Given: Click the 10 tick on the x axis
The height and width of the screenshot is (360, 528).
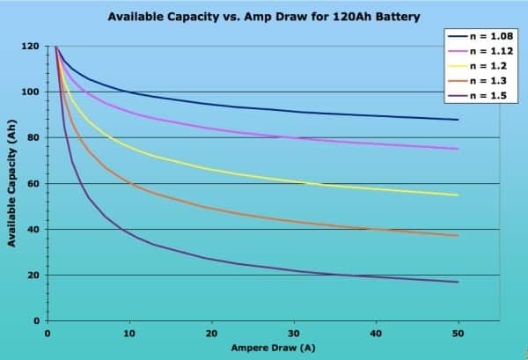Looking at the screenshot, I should coord(129,334).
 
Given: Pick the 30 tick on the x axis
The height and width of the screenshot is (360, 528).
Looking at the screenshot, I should coord(293,334).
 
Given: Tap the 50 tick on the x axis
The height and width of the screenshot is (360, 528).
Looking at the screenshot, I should coord(458,334).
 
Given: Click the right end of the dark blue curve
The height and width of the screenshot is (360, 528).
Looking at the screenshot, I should coord(458,120).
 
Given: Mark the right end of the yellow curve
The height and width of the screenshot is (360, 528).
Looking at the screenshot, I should coord(458,195).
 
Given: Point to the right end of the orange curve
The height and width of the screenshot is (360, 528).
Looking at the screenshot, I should coord(458,236).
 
